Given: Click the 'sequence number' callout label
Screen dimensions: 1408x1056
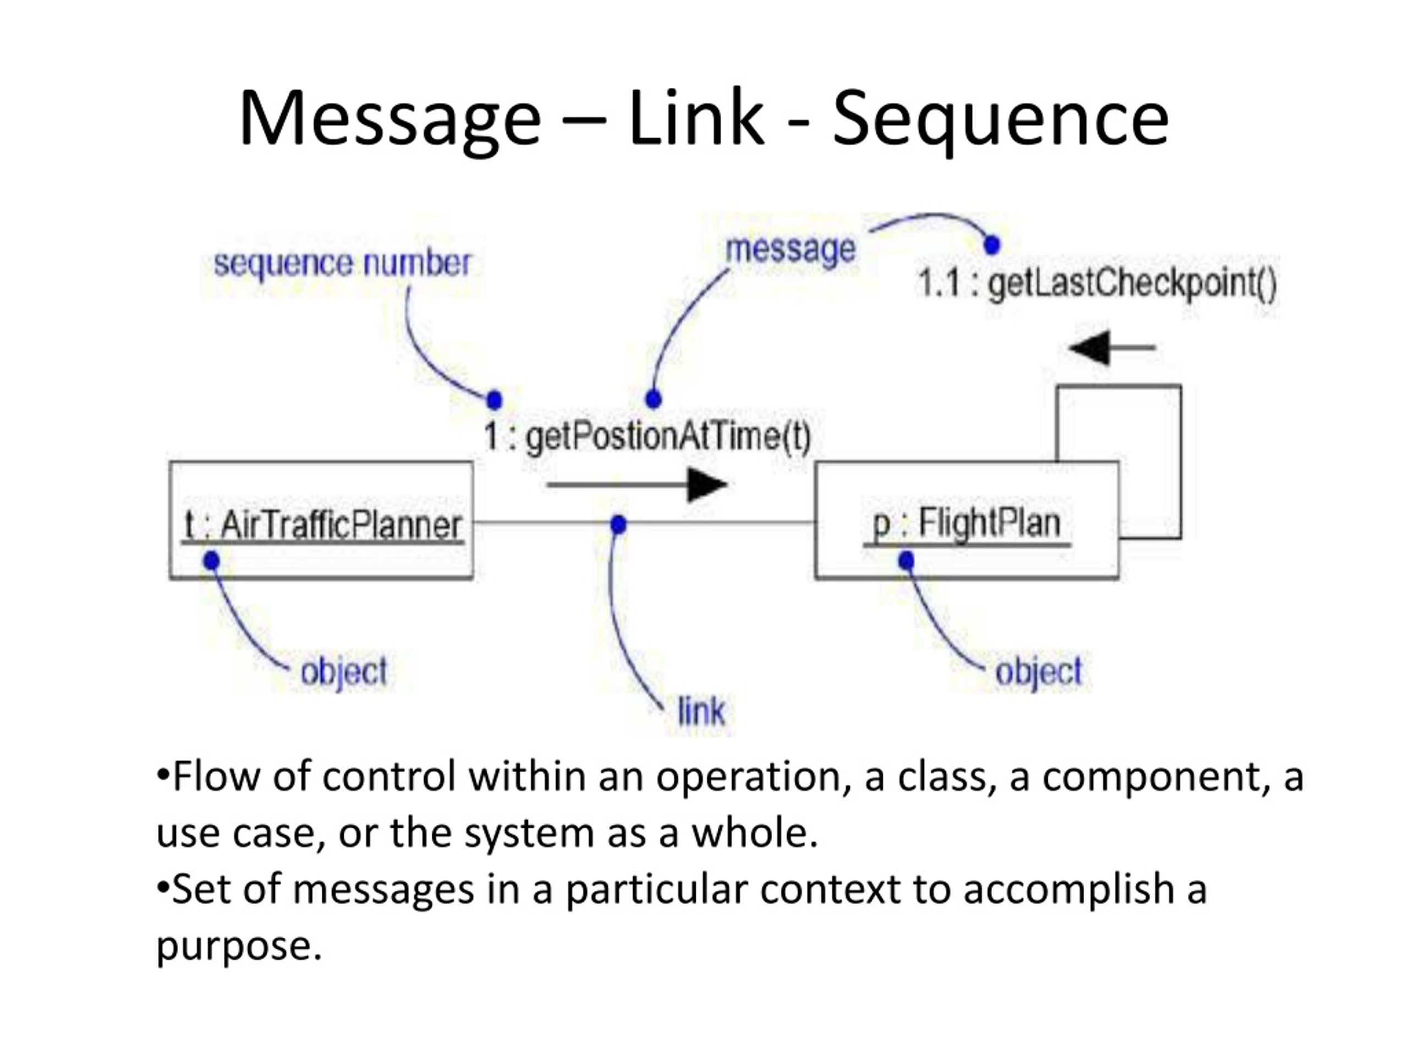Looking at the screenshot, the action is [x=343, y=264].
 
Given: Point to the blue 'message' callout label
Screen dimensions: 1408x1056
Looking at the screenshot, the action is [x=790, y=250].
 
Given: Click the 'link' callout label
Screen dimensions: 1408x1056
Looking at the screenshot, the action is [x=701, y=711].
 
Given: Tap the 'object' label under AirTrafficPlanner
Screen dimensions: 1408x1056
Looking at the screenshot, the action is [x=344, y=672].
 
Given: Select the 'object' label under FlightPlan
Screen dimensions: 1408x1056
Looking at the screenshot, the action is [x=1038, y=672].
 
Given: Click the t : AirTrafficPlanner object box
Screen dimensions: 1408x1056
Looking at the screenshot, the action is [x=321, y=520].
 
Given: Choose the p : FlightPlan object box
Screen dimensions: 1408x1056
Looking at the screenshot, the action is [x=967, y=520].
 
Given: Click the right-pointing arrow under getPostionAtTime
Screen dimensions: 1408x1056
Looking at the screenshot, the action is [x=636, y=485].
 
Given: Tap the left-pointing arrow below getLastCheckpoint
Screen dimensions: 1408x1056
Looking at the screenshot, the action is [x=1112, y=348].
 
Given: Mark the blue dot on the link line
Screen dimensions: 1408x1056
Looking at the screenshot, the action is [x=618, y=525].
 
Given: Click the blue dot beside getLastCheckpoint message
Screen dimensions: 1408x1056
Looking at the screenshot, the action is [x=992, y=244].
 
